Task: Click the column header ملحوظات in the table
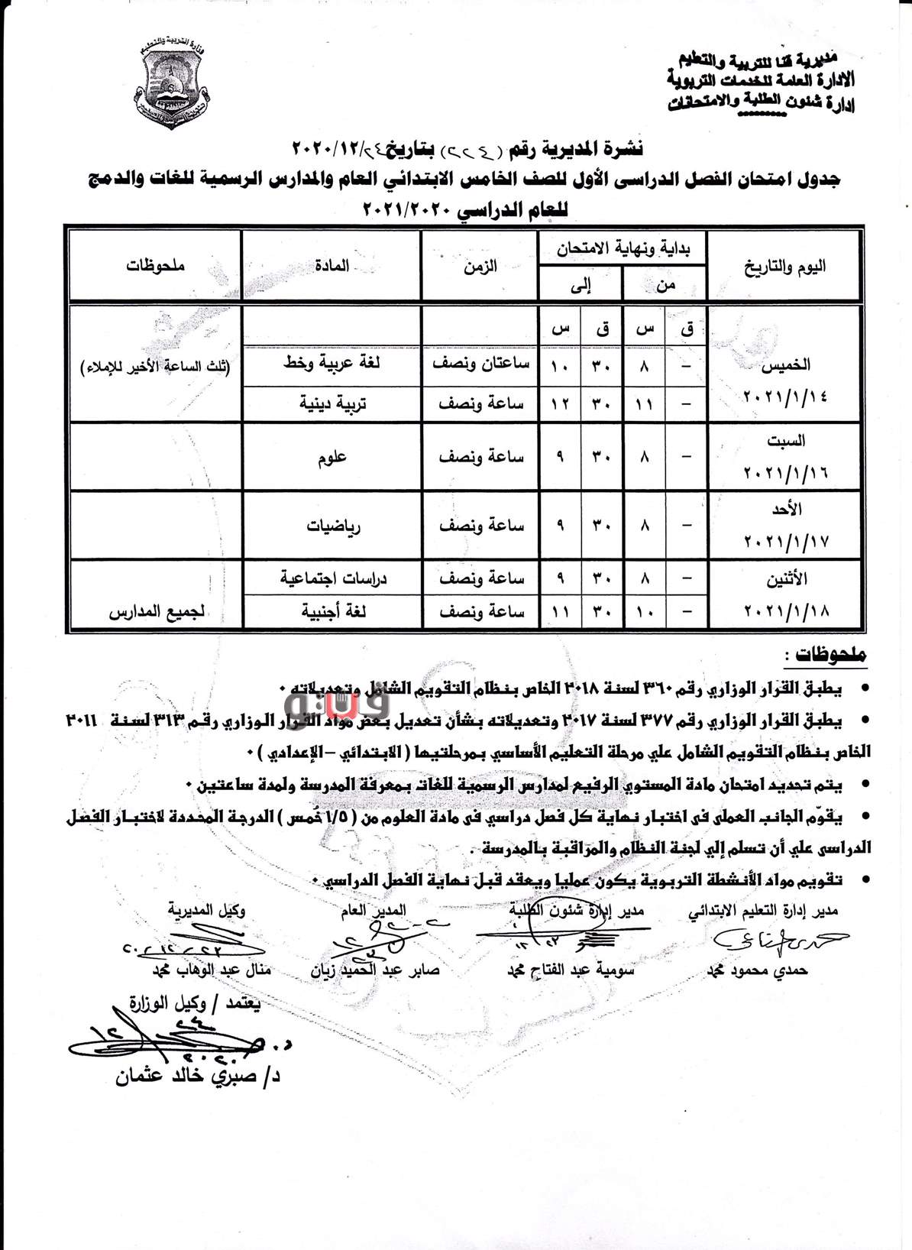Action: click(156, 266)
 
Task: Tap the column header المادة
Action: click(331, 266)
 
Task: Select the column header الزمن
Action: click(480, 266)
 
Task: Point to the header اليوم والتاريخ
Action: click(784, 267)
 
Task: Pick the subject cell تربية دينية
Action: click(332, 403)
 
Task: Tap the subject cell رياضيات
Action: click(332, 526)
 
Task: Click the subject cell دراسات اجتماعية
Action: click(332, 578)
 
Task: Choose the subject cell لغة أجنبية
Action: click(332, 612)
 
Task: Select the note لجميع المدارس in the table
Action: click(156, 613)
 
